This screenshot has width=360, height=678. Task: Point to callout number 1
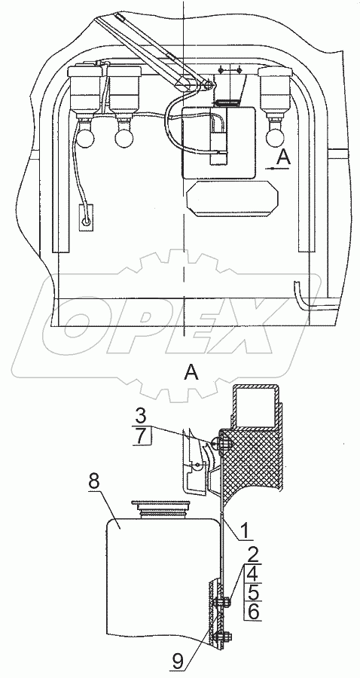point(245,530)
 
